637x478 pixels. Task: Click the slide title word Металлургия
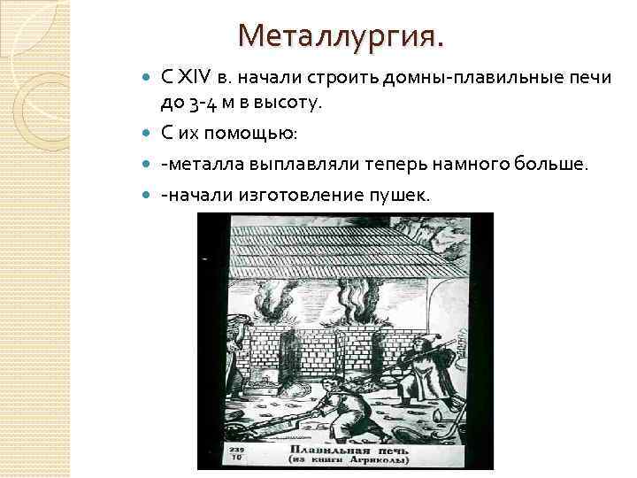tap(342, 36)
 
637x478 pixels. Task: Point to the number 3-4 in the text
tap(202, 104)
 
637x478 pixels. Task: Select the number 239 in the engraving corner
tap(236, 450)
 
